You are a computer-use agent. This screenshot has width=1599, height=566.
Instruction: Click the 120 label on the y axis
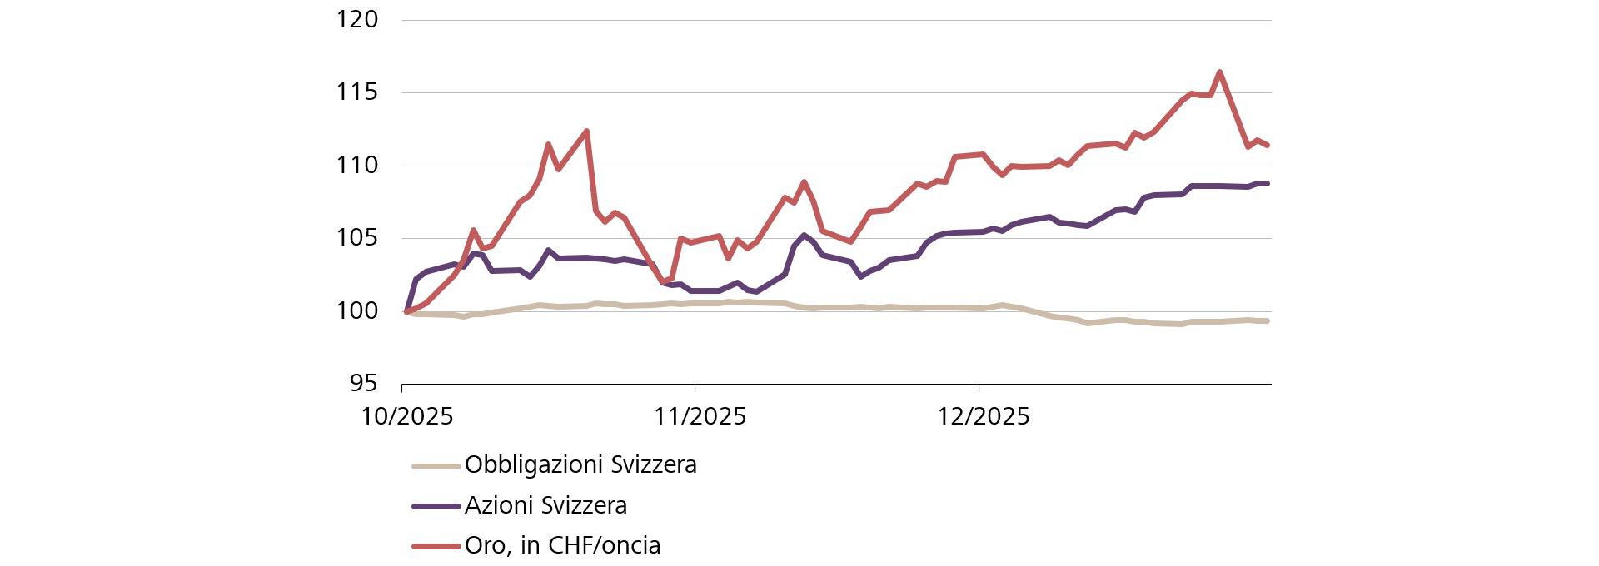(356, 19)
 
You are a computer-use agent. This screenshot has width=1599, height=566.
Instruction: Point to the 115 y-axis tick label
(356, 92)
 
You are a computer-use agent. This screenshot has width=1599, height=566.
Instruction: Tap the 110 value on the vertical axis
(356, 166)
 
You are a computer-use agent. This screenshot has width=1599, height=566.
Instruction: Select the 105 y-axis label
(356, 238)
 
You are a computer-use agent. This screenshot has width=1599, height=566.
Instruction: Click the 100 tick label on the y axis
(356, 311)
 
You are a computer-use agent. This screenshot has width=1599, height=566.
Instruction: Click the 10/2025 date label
(406, 416)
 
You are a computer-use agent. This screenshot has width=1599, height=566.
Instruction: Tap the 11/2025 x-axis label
(700, 416)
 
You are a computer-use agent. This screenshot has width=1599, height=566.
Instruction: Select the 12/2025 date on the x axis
(984, 416)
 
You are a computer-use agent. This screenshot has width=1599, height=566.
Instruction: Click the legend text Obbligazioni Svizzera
(580, 464)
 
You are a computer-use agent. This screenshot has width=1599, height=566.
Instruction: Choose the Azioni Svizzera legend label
(545, 505)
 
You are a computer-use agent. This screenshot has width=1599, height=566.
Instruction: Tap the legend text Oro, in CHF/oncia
(562, 546)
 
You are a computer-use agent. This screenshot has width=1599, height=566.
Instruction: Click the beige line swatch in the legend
(436, 465)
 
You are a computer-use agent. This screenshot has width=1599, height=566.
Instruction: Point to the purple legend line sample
(436, 506)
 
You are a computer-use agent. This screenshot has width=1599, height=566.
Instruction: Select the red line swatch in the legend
(436, 547)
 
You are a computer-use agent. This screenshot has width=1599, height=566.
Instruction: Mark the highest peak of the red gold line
(1219, 72)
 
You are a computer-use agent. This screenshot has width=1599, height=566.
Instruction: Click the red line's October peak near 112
(586, 132)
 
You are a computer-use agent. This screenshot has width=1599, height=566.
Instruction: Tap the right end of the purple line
(1266, 183)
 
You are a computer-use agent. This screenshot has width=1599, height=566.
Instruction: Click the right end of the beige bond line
(1266, 320)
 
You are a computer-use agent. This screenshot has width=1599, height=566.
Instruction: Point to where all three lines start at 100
(406, 311)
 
